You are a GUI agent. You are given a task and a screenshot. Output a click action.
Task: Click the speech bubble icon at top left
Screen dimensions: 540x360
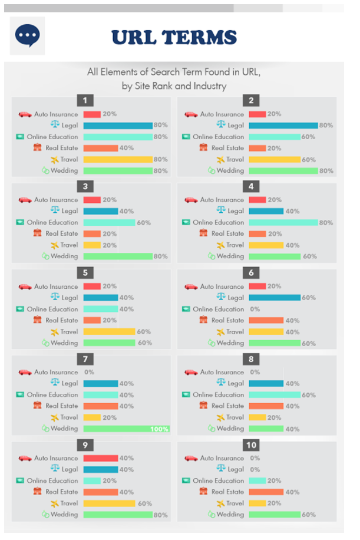(x=27, y=36)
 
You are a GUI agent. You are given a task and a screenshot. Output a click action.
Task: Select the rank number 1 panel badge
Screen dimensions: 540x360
(x=85, y=100)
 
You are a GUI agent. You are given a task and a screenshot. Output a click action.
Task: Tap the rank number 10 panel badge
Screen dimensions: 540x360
(x=252, y=446)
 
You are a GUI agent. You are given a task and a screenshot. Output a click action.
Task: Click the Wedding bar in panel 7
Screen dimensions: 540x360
(x=125, y=429)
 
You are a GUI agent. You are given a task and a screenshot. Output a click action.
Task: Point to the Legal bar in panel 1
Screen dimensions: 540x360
(x=118, y=126)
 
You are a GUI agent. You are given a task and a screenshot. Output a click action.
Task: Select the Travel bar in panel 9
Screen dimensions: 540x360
(x=109, y=503)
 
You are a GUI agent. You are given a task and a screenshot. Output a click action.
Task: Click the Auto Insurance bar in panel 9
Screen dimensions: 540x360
(x=100, y=458)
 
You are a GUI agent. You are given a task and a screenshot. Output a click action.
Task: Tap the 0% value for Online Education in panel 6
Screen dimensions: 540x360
(x=255, y=309)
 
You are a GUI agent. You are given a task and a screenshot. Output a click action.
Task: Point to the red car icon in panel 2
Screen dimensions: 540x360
(x=191, y=114)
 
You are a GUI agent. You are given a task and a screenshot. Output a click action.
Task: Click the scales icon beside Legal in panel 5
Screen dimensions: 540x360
(x=55, y=297)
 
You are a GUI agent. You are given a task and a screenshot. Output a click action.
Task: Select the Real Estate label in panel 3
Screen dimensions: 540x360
(x=62, y=233)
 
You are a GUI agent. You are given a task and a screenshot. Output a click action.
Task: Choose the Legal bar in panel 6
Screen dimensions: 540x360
(x=275, y=298)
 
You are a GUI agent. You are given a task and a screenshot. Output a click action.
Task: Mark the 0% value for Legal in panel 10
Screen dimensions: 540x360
(x=255, y=469)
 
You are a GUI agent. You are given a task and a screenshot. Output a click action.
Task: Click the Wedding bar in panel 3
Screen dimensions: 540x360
(x=118, y=256)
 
